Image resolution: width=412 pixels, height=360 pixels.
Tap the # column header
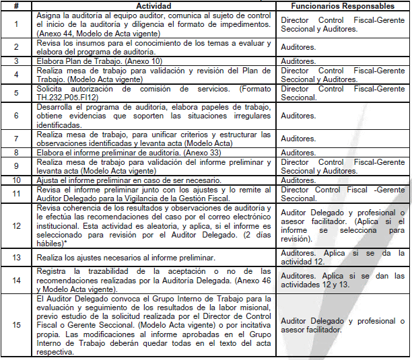coord(15,5)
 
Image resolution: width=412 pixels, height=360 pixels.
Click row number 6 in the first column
coord(15,116)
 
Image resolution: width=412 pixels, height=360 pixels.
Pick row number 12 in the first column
coord(15,225)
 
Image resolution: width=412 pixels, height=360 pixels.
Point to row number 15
coord(15,325)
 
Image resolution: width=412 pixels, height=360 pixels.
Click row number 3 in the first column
coord(15,61)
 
